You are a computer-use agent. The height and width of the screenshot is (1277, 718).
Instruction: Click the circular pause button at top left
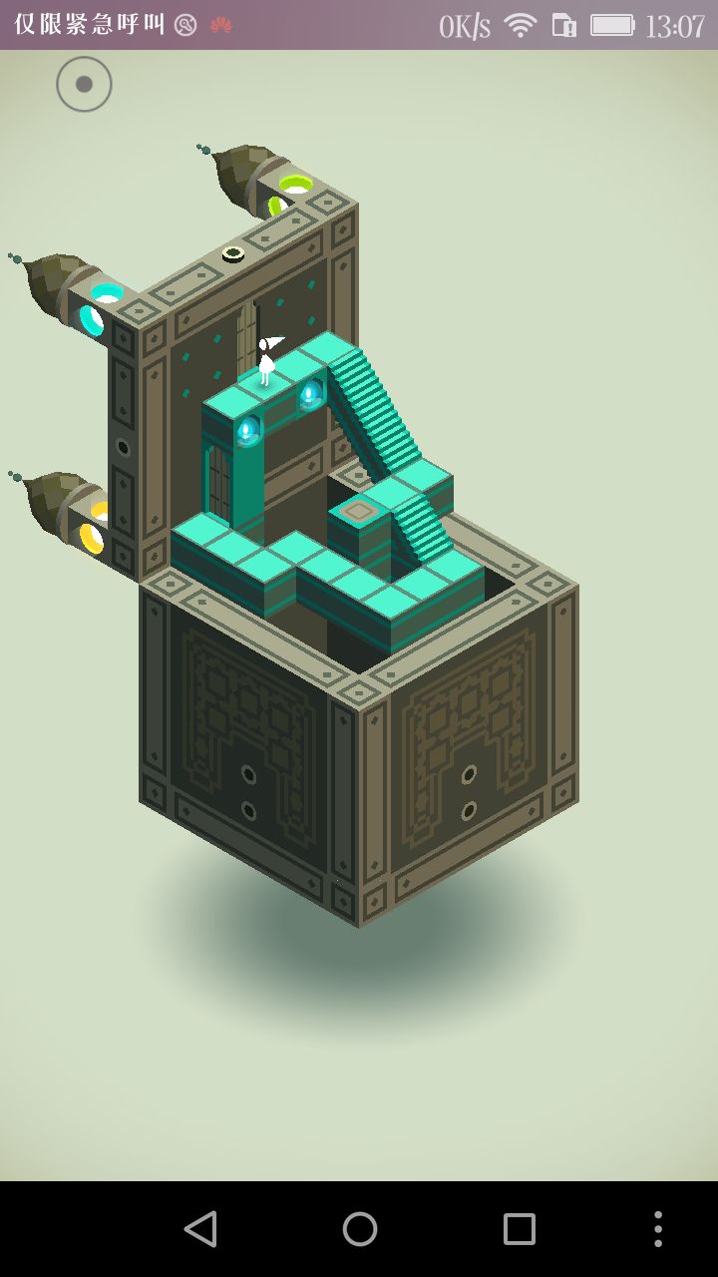pos(84,84)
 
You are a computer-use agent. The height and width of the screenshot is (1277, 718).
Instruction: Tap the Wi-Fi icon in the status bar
pos(521,25)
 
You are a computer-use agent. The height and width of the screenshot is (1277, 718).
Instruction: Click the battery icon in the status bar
pos(612,25)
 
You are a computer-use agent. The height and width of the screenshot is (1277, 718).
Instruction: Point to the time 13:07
pos(675,26)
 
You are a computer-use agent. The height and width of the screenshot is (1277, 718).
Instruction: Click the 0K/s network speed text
pos(465,26)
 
